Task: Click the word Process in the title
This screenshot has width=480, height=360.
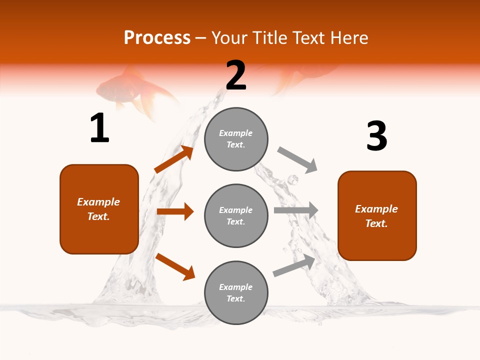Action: [x=157, y=38]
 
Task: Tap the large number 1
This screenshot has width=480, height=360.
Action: [x=99, y=128]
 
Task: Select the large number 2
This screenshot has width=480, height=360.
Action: [x=236, y=75]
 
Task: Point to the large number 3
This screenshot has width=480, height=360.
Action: [x=376, y=136]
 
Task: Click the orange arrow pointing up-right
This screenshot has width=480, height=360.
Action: [x=173, y=159]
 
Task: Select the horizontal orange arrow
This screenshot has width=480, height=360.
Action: [x=175, y=211]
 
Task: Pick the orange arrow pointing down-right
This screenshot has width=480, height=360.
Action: [x=175, y=266]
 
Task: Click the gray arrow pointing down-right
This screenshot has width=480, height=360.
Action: [x=297, y=159]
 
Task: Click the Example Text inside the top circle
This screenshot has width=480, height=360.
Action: [x=236, y=139]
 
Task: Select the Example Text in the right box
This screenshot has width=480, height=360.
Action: [x=376, y=216]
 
